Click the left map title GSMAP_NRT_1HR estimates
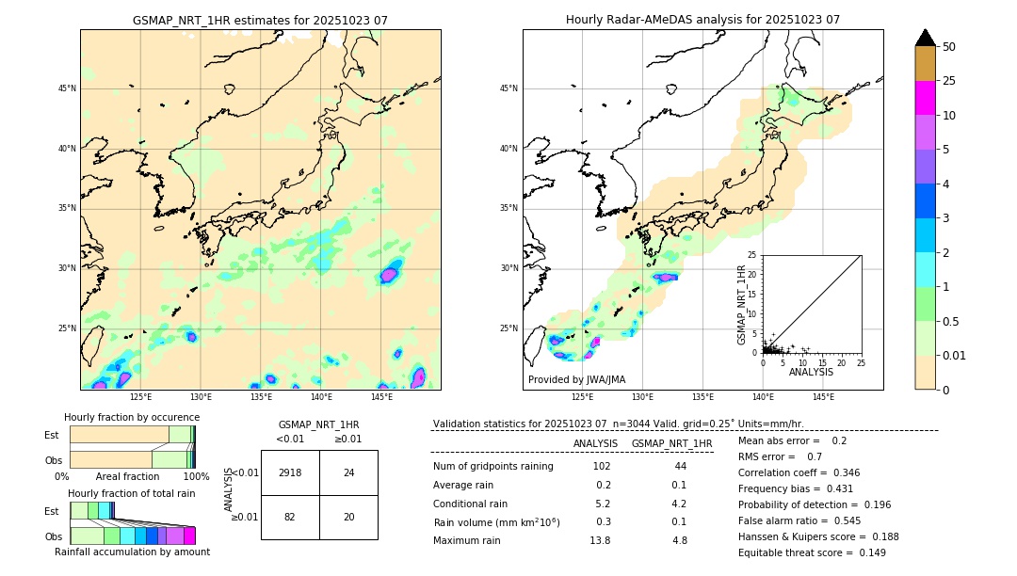click(x=260, y=20)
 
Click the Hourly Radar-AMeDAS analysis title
click(x=702, y=20)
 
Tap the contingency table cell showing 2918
click(x=290, y=472)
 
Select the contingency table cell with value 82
click(x=290, y=518)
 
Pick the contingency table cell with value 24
click(x=348, y=472)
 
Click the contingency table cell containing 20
click(x=348, y=518)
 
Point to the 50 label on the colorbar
click(x=949, y=46)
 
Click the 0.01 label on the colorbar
click(x=955, y=355)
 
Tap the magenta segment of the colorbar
click(x=926, y=98)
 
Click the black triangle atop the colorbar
click(x=926, y=38)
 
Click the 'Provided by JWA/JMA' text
click(x=576, y=379)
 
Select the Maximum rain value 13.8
click(x=600, y=540)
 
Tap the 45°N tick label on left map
click(x=67, y=88)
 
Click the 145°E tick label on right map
click(x=823, y=398)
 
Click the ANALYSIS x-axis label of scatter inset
click(x=811, y=372)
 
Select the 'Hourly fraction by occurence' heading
click(x=132, y=417)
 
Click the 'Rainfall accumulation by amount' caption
click(x=132, y=552)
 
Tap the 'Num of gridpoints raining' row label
click(x=493, y=467)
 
